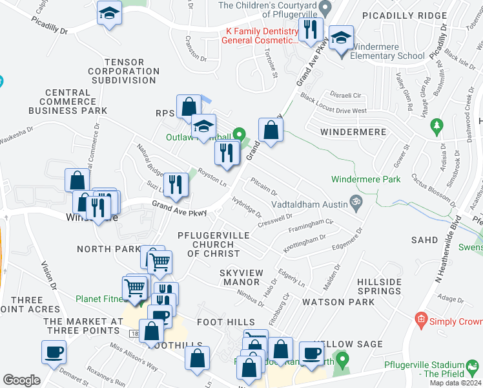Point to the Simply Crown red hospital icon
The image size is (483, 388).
[421, 319]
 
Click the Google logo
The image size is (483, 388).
[21, 380]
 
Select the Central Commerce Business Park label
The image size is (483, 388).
[68, 102]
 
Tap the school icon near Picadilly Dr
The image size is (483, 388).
[109, 13]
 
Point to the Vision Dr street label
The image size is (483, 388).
[49, 278]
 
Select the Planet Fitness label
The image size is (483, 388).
[99, 299]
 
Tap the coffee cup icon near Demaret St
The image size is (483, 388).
[54, 352]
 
